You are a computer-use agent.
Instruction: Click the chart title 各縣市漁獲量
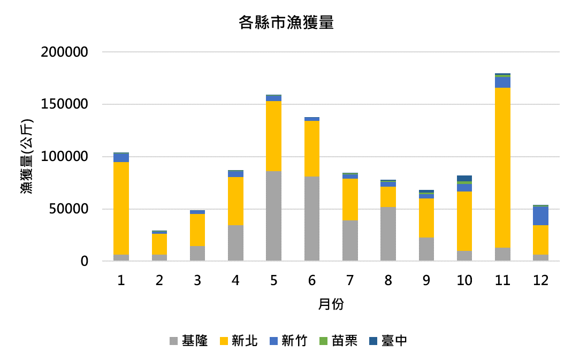tap(286, 23)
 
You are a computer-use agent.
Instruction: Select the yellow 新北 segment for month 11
tap(502, 167)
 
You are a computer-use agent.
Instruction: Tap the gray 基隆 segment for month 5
tap(273, 216)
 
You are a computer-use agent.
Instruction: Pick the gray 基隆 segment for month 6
tap(311, 218)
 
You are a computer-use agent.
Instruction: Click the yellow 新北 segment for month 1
tap(121, 208)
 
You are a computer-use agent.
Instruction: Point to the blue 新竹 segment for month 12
tap(540, 216)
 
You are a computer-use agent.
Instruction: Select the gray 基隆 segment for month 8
tap(388, 234)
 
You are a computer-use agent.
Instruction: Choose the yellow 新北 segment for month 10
tap(464, 221)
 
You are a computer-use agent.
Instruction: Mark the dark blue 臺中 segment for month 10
tap(464, 178)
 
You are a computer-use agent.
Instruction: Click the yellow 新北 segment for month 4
tap(235, 201)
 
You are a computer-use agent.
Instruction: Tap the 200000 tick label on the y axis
tap(64, 52)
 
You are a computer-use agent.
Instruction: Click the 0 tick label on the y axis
tap(84, 262)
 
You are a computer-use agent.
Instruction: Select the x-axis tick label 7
tap(350, 281)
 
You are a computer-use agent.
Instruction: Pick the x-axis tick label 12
tap(540, 281)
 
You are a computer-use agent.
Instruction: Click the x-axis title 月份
tap(331, 305)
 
